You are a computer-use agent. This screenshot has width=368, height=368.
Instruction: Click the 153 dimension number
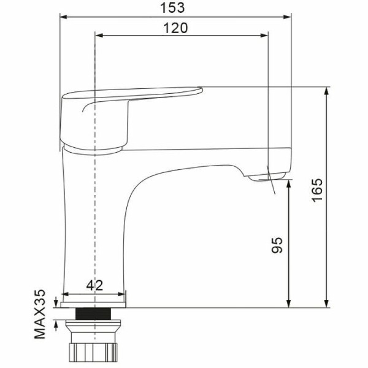[x=172, y=7]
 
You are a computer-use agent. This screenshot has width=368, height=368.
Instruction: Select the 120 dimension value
[x=175, y=28]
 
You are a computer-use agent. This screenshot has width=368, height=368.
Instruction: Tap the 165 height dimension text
[x=317, y=190]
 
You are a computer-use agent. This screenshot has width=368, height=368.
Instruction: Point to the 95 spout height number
[x=277, y=245]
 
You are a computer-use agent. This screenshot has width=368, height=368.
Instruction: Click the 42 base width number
[x=94, y=285]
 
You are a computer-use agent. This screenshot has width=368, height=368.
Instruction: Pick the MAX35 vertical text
[x=40, y=314]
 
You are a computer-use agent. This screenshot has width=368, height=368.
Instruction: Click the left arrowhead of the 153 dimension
[x=64, y=17]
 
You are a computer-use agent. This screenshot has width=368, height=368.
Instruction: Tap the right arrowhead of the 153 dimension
[x=287, y=17]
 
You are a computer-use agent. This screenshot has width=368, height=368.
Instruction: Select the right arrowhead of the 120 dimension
[x=264, y=36]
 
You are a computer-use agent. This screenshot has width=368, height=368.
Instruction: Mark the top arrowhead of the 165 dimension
[x=326, y=91]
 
